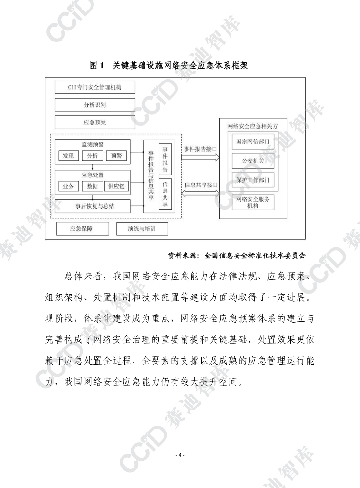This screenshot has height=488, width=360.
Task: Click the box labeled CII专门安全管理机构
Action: point(95,88)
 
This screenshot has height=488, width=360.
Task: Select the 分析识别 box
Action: point(95,105)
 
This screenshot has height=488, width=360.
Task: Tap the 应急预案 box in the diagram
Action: point(95,122)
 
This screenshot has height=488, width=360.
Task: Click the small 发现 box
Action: point(68,155)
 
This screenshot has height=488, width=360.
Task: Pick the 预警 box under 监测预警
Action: point(116,155)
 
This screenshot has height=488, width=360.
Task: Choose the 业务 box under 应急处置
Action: point(68,186)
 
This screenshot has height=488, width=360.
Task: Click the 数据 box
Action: point(93,186)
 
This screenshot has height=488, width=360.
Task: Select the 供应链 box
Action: point(116,186)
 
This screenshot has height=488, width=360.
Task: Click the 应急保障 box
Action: point(81,229)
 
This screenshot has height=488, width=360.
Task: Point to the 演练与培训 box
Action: point(142,229)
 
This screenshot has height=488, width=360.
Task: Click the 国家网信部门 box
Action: point(253,142)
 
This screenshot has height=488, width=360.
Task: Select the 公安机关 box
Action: point(253,161)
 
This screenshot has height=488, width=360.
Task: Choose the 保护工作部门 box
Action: point(253,180)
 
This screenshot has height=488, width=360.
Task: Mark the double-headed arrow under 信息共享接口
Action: point(200,193)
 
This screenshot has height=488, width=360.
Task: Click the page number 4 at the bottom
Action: point(180,455)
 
